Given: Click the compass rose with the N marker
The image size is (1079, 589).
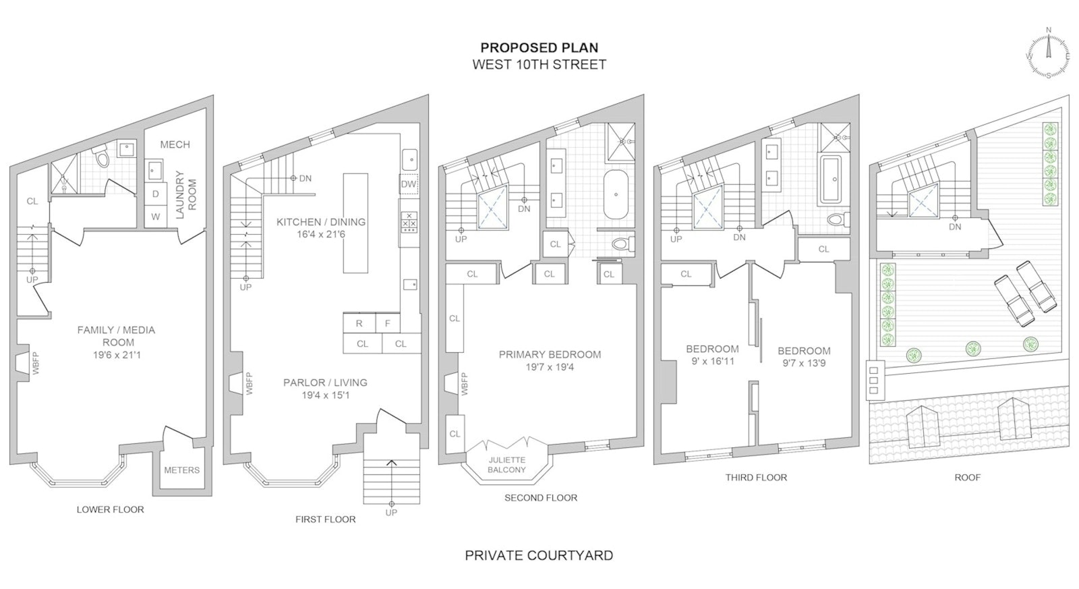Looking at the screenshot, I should pos(1048,57).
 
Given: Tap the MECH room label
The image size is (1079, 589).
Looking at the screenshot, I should pos(175,144).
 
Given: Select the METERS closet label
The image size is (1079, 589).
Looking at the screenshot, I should pos(181,470).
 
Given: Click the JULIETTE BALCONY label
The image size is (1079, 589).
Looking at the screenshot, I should pos(506,465).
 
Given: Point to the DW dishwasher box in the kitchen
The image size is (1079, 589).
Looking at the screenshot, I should pos(409,184).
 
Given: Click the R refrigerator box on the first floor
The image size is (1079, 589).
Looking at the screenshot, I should pos(359,323).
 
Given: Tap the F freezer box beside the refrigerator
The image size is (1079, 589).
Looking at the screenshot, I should pos(387,323).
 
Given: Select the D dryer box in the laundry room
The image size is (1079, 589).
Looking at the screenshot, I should pos(156,194).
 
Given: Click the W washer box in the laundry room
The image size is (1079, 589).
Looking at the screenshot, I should pos(156,217).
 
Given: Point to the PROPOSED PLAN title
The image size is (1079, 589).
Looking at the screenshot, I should pos(539,48).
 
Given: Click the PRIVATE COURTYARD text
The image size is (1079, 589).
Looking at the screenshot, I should pos(539,556).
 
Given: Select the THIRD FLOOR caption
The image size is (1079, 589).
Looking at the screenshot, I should pos(756,477).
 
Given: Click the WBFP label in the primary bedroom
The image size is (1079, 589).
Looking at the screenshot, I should pos(464,384).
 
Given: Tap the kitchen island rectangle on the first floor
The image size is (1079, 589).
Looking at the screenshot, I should pos(355,223).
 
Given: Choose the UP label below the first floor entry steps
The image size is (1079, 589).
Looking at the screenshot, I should pos(391,512).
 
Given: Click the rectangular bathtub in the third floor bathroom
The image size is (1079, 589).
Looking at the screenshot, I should pos(835,180).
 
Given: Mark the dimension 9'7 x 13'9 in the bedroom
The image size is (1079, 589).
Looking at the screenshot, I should pos(803,364).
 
